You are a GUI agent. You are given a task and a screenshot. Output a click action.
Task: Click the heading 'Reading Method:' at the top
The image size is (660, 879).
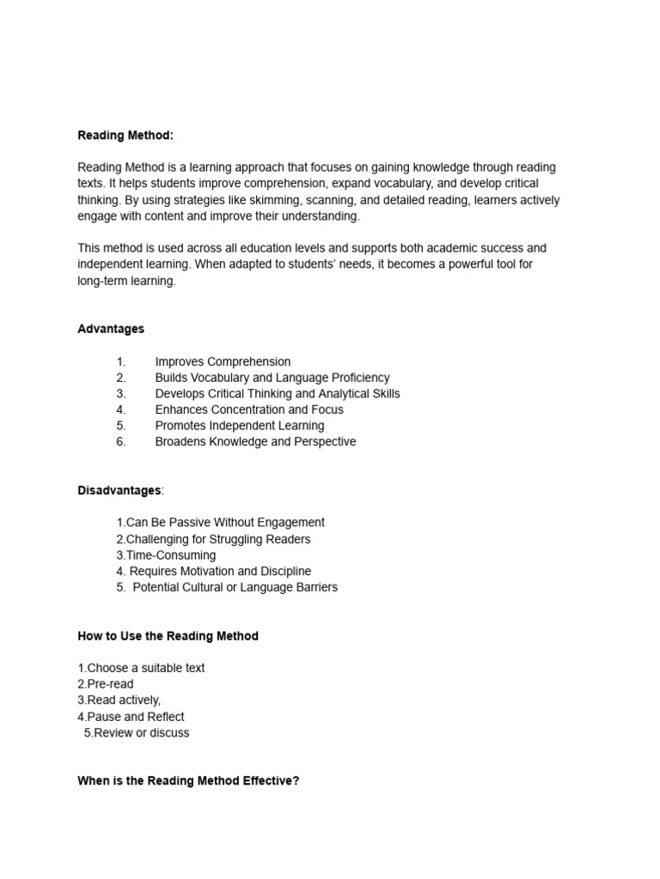click(x=125, y=136)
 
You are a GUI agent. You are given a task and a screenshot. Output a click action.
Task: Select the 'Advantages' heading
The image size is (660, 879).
click(x=111, y=329)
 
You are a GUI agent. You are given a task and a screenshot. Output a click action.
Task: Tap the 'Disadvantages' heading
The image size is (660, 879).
click(x=119, y=490)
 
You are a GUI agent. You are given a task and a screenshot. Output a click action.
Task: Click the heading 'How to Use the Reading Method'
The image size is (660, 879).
click(x=168, y=636)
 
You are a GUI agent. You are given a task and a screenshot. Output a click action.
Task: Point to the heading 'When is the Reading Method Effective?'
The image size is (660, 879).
click(x=188, y=781)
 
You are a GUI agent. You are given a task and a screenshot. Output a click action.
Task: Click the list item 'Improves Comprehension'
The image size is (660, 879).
click(x=223, y=361)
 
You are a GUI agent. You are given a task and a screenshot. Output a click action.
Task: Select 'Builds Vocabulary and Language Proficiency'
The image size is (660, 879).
click(x=272, y=378)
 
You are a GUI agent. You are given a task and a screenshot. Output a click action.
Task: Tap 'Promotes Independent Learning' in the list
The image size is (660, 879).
click(x=240, y=426)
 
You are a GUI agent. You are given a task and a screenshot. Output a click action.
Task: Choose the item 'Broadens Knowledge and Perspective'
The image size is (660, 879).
click(x=255, y=442)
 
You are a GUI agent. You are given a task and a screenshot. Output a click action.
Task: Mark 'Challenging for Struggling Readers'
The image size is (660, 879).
click(x=218, y=539)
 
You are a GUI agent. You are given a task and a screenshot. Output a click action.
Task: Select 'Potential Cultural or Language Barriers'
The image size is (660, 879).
click(x=235, y=588)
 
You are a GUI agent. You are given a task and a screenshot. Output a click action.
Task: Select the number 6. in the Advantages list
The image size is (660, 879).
click(x=121, y=442)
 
